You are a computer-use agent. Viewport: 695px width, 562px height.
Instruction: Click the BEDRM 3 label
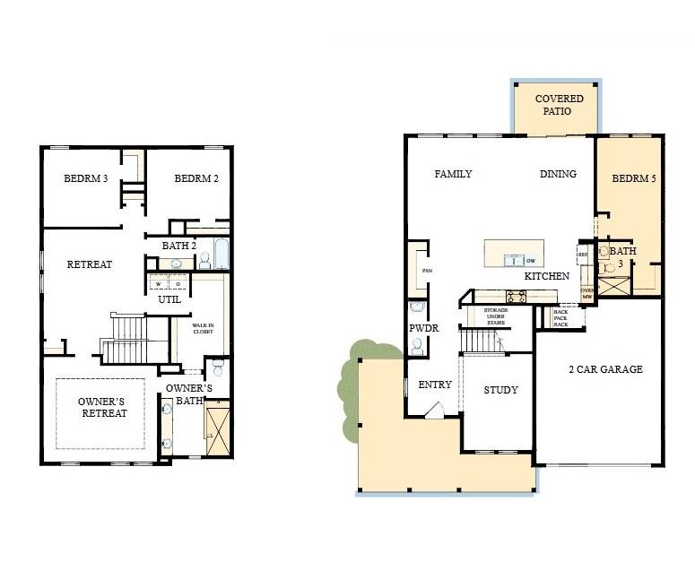point(86,178)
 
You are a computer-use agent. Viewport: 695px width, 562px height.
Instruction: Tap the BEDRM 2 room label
point(196,178)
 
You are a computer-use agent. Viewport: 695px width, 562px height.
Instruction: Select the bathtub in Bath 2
point(222,254)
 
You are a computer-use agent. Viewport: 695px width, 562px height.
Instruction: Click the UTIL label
point(169,299)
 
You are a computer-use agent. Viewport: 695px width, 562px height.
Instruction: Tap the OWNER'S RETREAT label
point(102,407)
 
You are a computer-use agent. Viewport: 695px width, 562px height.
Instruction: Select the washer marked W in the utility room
point(160,284)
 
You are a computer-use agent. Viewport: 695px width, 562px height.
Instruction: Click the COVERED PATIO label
point(559,104)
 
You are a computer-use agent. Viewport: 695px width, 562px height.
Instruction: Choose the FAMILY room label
point(453,174)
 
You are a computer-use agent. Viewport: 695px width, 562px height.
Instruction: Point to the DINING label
point(558,174)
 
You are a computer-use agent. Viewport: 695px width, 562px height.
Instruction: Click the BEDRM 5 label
point(634,179)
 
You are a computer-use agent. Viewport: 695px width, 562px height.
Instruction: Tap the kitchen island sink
point(513,260)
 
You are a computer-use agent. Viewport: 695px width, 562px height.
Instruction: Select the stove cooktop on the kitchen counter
point(517,295)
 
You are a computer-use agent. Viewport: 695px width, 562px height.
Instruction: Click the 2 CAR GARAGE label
point(605,369)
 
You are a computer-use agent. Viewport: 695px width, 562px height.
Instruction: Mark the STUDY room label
point(501,390)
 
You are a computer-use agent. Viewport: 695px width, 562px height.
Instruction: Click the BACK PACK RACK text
point(560,317)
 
